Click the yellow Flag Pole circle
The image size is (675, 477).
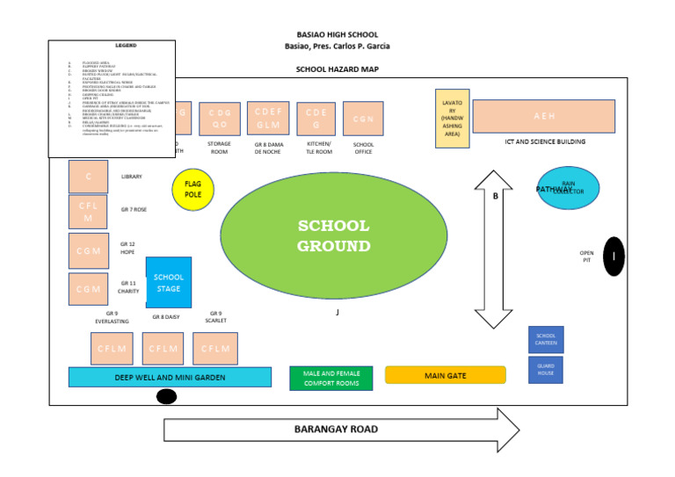[193, 190]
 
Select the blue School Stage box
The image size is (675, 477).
[168, 283]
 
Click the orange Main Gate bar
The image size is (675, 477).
[446, 375]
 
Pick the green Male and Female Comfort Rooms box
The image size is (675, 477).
[331, 378]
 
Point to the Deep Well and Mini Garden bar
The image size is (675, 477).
[170, 377]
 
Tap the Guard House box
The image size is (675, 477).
[546, 370]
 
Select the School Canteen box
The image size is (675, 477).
[546, 339]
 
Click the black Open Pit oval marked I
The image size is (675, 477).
[614, 256]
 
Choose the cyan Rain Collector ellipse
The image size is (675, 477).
[568, 188]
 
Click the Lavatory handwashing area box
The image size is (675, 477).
[453, 119]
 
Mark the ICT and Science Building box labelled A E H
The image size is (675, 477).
[544, 116]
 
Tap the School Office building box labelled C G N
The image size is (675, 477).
[363, 118]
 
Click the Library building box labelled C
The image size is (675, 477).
[89, 177]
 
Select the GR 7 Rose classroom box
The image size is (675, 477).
[89, 212]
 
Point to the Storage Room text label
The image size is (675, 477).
[219, 147]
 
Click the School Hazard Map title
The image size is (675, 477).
[337, 69]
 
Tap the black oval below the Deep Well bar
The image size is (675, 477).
[165, 397]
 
